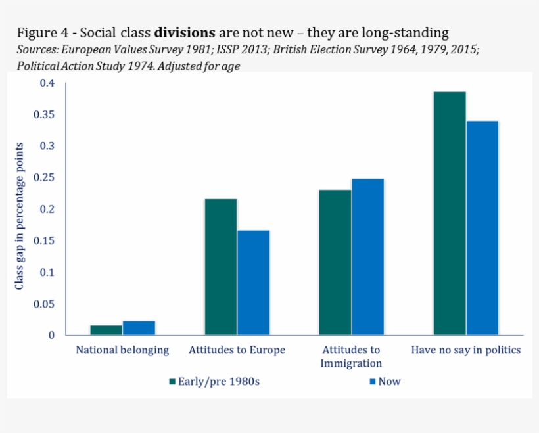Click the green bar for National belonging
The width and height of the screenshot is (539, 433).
tap(106, 330)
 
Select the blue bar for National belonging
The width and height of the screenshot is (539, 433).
tap(139, 328)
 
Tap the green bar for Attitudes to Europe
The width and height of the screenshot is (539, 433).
tap(221, 267)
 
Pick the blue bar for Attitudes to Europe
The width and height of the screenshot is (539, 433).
tap(254, 283)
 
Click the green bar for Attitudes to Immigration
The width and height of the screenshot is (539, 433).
tap(335, 262)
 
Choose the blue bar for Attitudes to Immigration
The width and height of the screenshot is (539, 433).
tap(367, 257)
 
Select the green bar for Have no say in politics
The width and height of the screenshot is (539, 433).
tap(449, 214)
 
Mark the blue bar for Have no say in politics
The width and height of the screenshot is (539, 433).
tap(482, 228)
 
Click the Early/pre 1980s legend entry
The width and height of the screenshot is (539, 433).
tap(214, 381)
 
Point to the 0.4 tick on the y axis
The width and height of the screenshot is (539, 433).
tap(47, 83)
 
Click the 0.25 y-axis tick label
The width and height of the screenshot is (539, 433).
tap(44, 178)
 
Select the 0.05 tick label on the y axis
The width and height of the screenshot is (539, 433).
tap(44, 304)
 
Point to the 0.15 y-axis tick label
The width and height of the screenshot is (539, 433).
tap(44, 241)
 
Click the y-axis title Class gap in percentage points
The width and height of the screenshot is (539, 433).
tap(19, 216)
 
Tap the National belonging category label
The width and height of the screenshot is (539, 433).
tap(122, 350)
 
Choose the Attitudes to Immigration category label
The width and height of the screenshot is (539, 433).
tap(351, 356)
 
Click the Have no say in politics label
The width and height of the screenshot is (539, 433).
tap(465, 350)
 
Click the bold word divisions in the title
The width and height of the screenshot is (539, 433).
tap(184, 32)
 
